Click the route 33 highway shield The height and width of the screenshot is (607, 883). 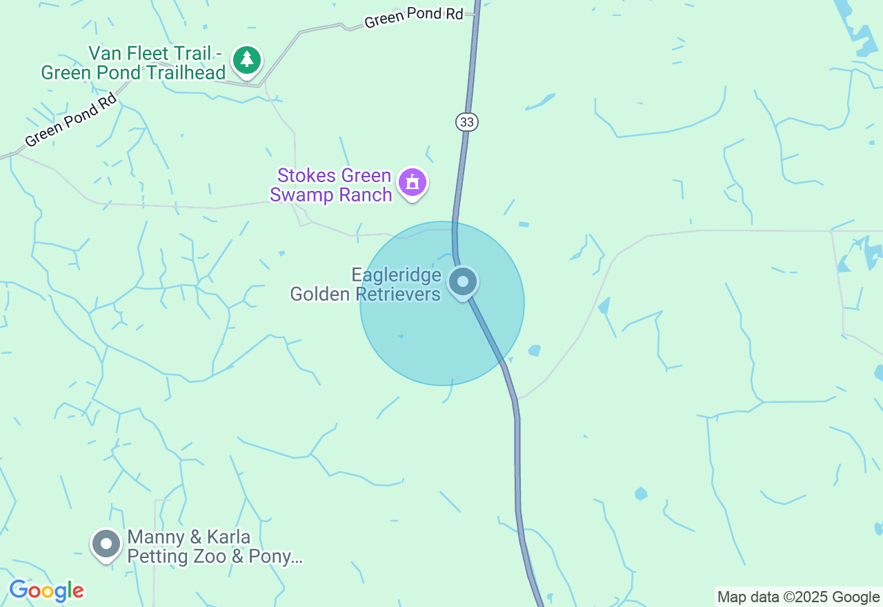(467, 122)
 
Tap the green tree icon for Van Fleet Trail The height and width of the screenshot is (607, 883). (246, 60)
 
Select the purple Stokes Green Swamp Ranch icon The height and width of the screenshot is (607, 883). (413, 183)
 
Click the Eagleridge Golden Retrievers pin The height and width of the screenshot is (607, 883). (463, 282)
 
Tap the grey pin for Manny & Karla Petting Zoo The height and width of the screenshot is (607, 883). (106, 544)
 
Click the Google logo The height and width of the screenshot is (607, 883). (46, 590)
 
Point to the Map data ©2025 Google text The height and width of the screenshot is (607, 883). (798, 597)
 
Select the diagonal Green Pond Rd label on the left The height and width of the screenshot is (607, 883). (70, 122)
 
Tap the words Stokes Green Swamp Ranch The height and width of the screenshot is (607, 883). (331, 186)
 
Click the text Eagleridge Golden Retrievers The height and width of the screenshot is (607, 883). (366, 285)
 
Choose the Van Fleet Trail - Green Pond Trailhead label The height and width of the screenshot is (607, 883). (133, 63)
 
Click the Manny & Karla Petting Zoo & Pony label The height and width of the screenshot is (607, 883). (214, 547)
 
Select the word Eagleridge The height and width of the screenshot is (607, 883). (396, 275)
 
